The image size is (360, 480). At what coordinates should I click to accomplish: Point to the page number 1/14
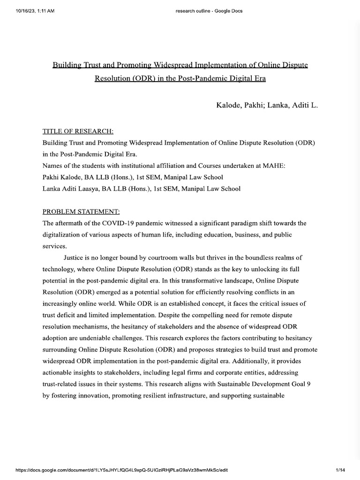pos(340,470)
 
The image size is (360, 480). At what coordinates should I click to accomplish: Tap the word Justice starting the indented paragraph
pos(75,258)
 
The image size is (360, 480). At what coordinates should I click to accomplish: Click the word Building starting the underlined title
pos(67,64)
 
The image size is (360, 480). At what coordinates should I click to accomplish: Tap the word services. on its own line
pos(55,245)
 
